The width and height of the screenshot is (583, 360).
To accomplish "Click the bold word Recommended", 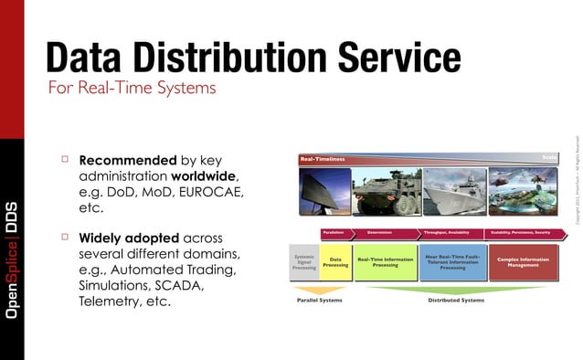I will (x=122, y=159).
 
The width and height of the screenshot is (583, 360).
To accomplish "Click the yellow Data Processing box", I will (x=335, y=262).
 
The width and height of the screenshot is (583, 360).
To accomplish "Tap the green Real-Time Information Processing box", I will (x=385, y=262).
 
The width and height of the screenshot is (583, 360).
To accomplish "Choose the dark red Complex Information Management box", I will (x=523, y=262).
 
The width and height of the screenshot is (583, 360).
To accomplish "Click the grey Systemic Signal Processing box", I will (x=304, y=262).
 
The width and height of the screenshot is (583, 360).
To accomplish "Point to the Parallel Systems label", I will (x=319, y=299).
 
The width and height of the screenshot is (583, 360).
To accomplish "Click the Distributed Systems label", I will (x=456, y=299).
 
